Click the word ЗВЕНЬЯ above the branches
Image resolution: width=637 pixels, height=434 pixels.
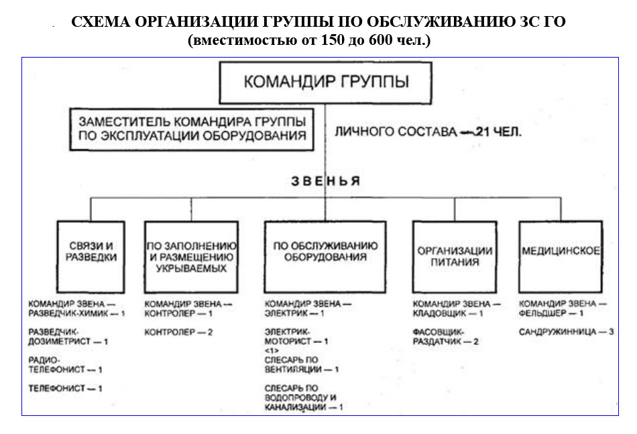pyautogui.click(x=325, y=181)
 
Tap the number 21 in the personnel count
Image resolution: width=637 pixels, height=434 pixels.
pyautogui.click(x=482, y=132)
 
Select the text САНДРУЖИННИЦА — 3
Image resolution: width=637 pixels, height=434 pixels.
pyautogui.click(x=567, y=332)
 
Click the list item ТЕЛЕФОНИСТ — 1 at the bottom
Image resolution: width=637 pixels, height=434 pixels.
pyautogui.click(x=65, y=388)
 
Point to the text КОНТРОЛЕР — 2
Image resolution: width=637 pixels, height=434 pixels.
pyautogui.click(x=179, y=332)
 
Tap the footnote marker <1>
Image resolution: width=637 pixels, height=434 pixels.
pyautogui.click(x=272, y=350)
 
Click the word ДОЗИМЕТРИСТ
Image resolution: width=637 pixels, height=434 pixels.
pyautogui.click(x=59, y=342)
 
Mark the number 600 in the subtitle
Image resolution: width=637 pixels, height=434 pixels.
pyautogui.click(x=381, y=40)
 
